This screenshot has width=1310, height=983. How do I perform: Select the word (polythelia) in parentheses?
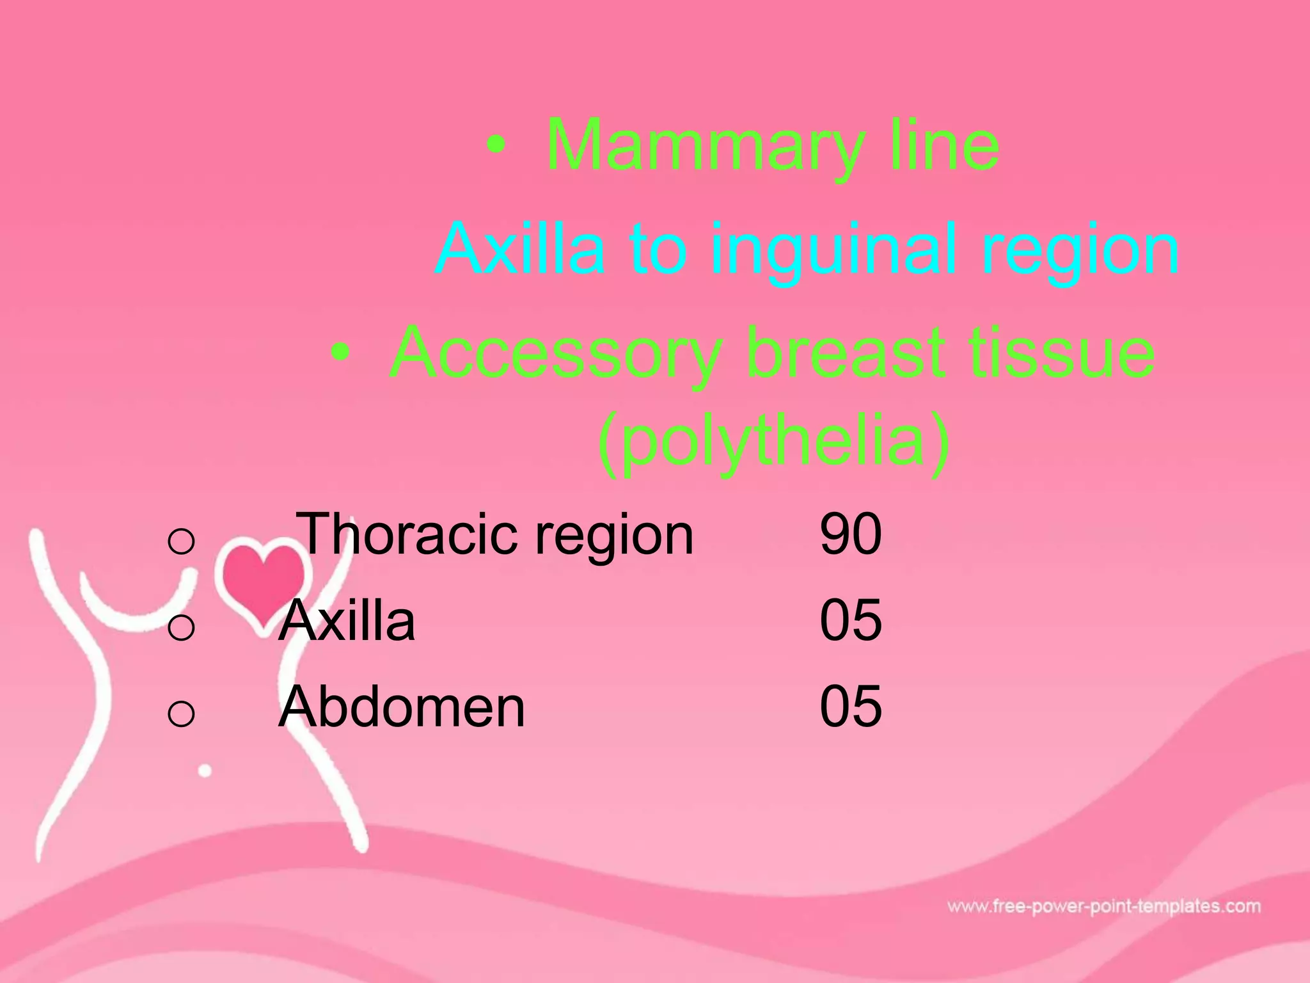click(774, 442)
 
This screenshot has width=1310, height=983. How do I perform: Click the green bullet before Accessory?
click(342, 353)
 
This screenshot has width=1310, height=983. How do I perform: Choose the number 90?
click(851, 534)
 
